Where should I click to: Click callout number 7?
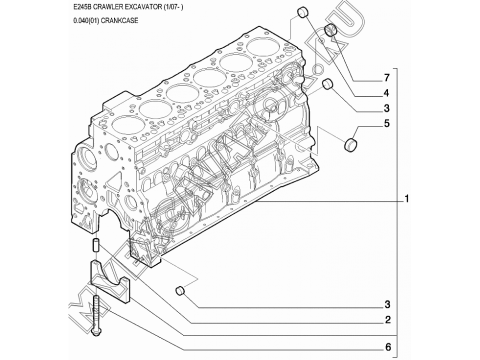point(386,77)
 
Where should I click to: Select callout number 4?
point(386,92)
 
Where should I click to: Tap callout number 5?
point(386,123)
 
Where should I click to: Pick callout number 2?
point(387,319)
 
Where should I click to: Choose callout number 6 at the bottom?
point(387,346)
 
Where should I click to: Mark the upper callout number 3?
point(386,107)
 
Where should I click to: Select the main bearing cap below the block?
point(110,282)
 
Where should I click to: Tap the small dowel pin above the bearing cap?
point(96,246)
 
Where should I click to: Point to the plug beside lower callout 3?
point(181,290)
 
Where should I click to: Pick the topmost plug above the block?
point(303,12)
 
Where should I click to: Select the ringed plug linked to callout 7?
point(330,31)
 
